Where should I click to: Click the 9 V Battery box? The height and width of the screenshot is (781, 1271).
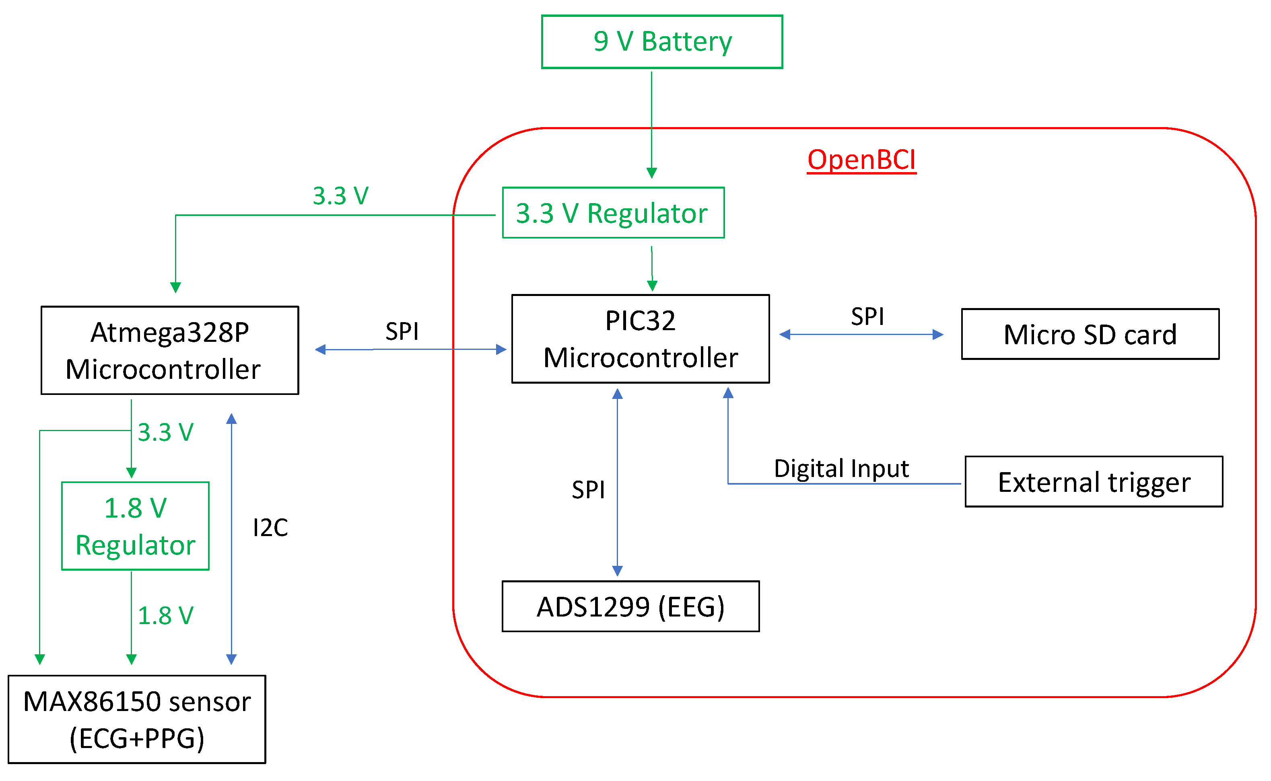(662, 42)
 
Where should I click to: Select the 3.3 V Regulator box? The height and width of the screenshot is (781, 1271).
(613, 213)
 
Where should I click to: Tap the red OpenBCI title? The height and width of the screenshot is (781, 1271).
(861, 160)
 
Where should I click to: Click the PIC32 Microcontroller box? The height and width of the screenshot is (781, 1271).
(640, 339)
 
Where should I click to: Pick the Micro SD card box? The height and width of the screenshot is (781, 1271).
(1090, 334)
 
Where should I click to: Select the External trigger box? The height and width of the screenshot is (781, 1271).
(1094, 482)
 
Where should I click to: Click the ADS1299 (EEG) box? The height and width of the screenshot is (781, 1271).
(630, 606)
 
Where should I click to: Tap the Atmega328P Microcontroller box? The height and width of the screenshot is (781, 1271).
(169, 351)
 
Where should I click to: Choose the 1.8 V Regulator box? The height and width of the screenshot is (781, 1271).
(135, 526)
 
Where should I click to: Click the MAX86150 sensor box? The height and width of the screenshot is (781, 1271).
(137, 719)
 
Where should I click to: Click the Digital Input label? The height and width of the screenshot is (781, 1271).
(841, 469)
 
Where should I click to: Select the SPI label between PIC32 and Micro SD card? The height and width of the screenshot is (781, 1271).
(867, 317)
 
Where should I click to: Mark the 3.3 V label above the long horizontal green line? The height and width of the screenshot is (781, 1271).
(340, 196)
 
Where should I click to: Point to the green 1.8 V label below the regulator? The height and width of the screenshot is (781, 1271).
(165, 616)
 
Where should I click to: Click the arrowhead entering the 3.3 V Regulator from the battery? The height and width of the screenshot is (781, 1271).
(651, 173)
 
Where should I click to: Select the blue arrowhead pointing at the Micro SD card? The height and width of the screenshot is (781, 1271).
(938, 335)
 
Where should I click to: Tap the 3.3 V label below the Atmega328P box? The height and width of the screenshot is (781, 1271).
(165, 433)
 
